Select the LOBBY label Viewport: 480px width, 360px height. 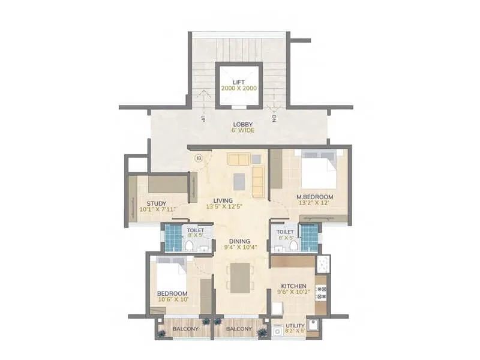point(243,124)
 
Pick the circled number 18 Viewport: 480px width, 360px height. point(199,158)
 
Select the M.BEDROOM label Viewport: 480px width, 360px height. point(311,197)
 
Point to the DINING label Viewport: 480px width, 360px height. point(239,241)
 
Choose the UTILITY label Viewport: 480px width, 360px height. point(295,325)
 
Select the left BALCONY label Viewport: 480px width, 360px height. point(186,329)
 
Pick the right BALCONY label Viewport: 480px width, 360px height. point(238,329)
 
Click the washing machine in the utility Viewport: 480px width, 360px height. point(277,329)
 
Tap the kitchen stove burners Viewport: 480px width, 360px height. point(320,293)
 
